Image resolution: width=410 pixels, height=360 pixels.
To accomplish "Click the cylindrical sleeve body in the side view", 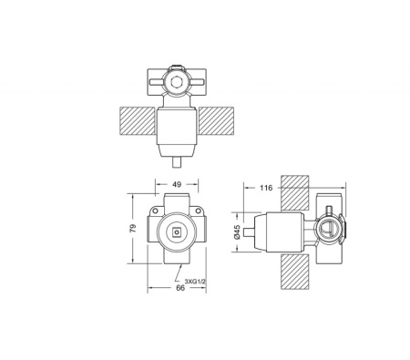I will tap(282, 232).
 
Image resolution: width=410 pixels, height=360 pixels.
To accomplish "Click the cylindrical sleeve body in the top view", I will tap(178, 128).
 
